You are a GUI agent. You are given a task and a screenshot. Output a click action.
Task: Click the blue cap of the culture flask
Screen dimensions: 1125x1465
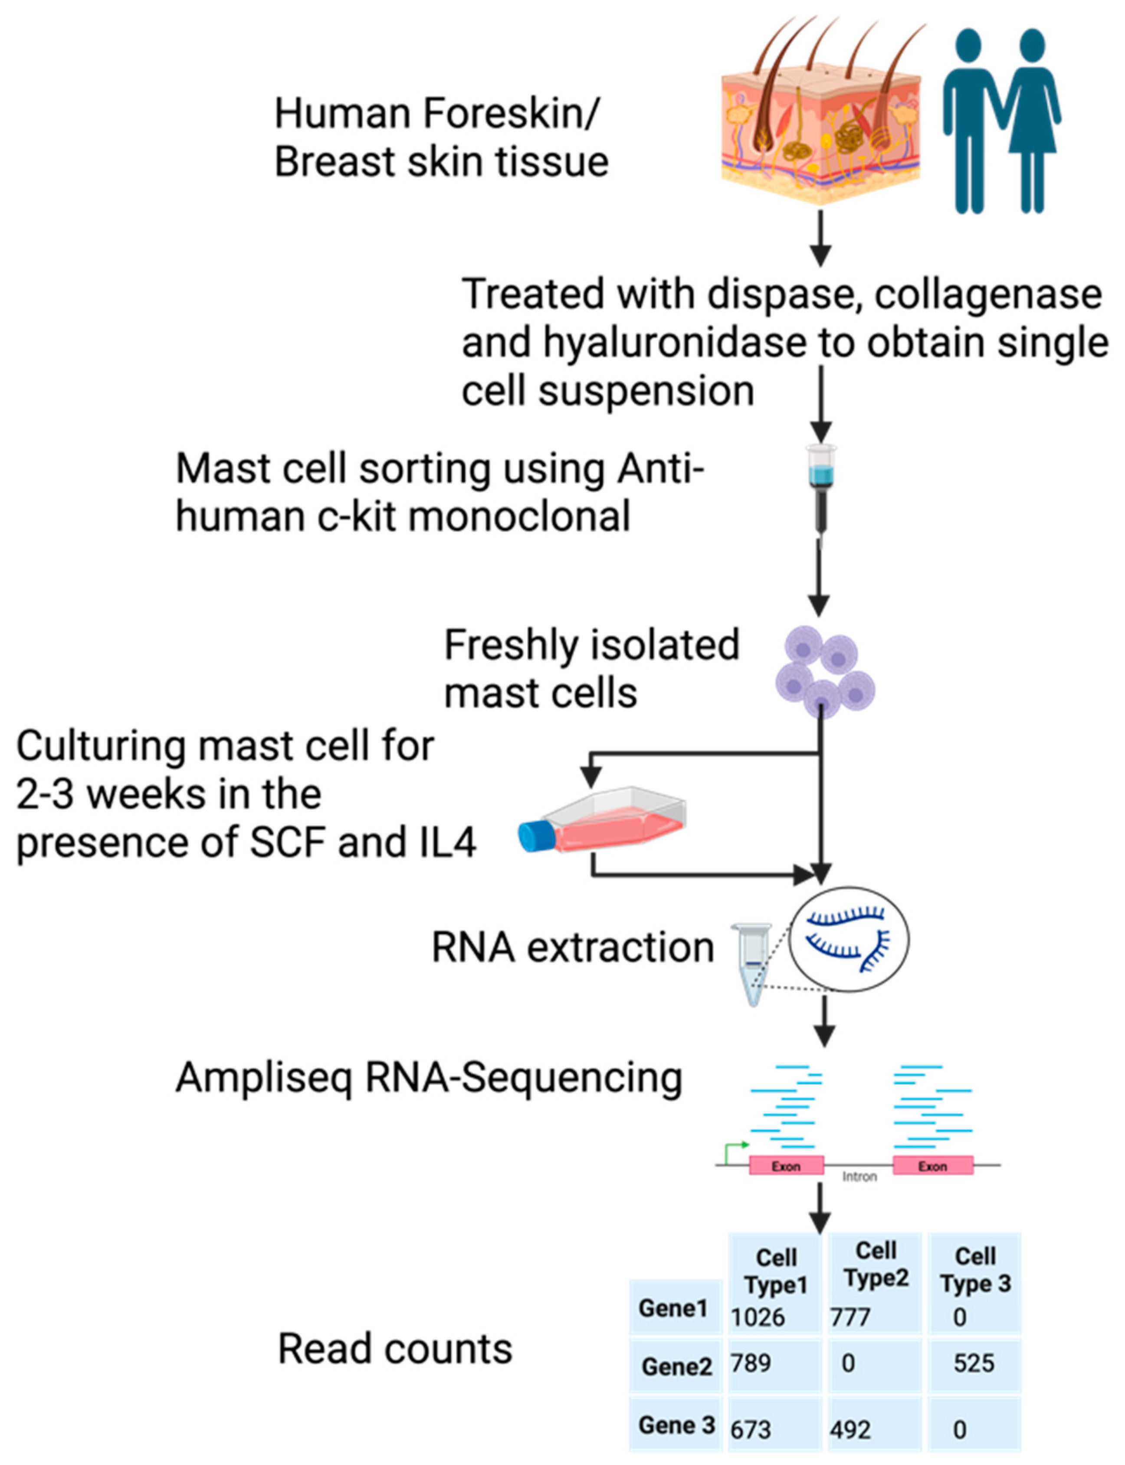536,836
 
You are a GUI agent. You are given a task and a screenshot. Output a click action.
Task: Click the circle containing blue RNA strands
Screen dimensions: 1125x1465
849,939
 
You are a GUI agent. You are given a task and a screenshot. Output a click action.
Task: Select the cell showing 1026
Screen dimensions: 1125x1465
758,1317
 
